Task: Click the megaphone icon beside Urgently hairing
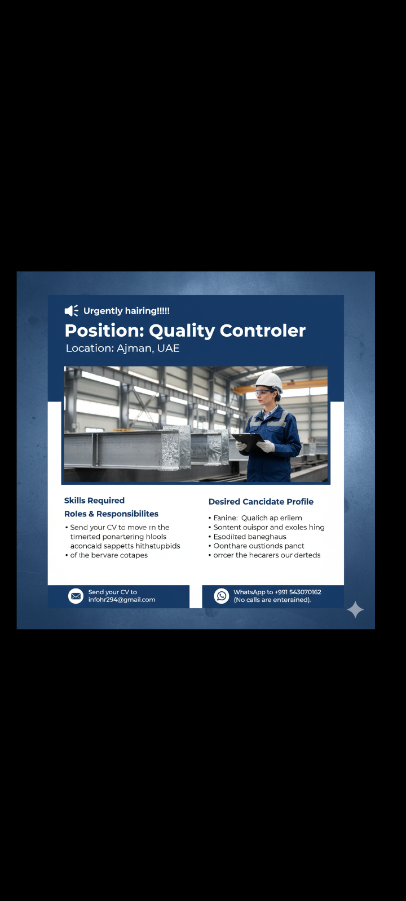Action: (71, 311)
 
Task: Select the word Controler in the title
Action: (262, 331)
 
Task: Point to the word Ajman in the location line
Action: (134, 349)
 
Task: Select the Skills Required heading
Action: (94, 501)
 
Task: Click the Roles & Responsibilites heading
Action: (111, 514)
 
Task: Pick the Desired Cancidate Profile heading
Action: (261, 502)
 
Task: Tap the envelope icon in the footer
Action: (76, 596)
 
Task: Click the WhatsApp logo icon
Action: (222, 596)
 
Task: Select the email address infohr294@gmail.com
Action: (122, 600)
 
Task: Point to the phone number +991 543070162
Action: (298, 592)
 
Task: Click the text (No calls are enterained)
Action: (272, 600)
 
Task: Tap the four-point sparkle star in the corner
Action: (355, 609)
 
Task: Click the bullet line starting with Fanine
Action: (258, 518)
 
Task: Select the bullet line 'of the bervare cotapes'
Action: (109, 555)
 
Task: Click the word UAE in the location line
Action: (168, 349)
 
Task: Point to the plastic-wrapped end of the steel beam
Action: (176, 448)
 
